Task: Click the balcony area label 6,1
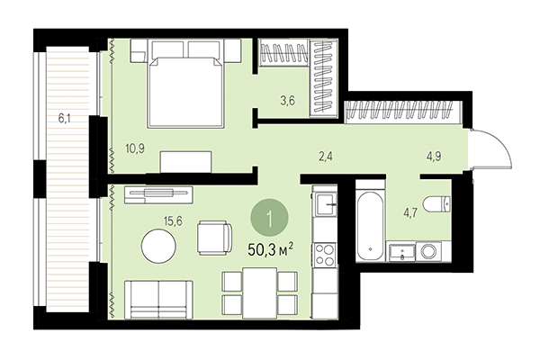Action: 62,116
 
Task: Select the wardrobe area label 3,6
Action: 287,100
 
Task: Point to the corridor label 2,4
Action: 327,156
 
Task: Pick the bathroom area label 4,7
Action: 410,213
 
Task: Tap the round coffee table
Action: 160,246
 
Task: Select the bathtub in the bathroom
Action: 369,222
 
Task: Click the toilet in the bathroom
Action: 437,203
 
